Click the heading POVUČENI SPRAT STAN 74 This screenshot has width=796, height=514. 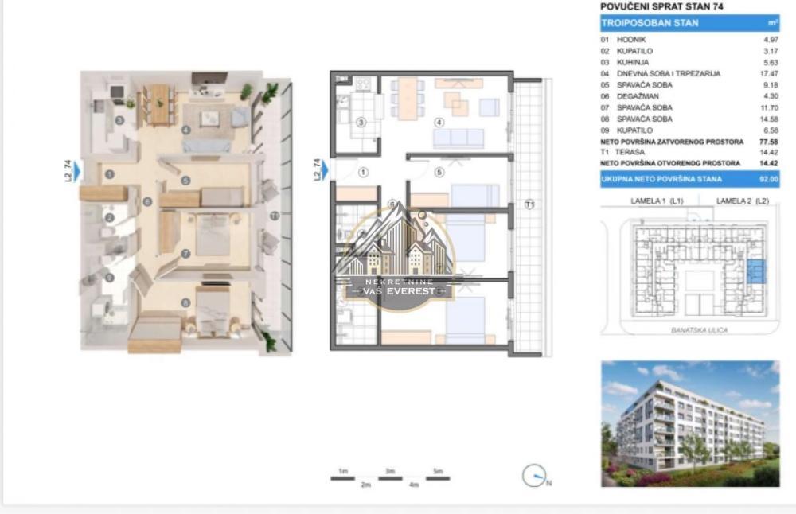[657, 7]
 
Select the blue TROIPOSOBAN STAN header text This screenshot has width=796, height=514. [650, 23]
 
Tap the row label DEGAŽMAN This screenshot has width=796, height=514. [629, 96]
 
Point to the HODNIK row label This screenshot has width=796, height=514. [624, 39]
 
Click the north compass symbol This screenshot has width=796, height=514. [533, 477]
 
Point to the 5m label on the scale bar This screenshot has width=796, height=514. [437, 472]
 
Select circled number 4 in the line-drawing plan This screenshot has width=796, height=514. [439, 123]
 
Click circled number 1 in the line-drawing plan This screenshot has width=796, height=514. [364, 171]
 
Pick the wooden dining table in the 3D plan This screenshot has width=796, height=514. [160, 103]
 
